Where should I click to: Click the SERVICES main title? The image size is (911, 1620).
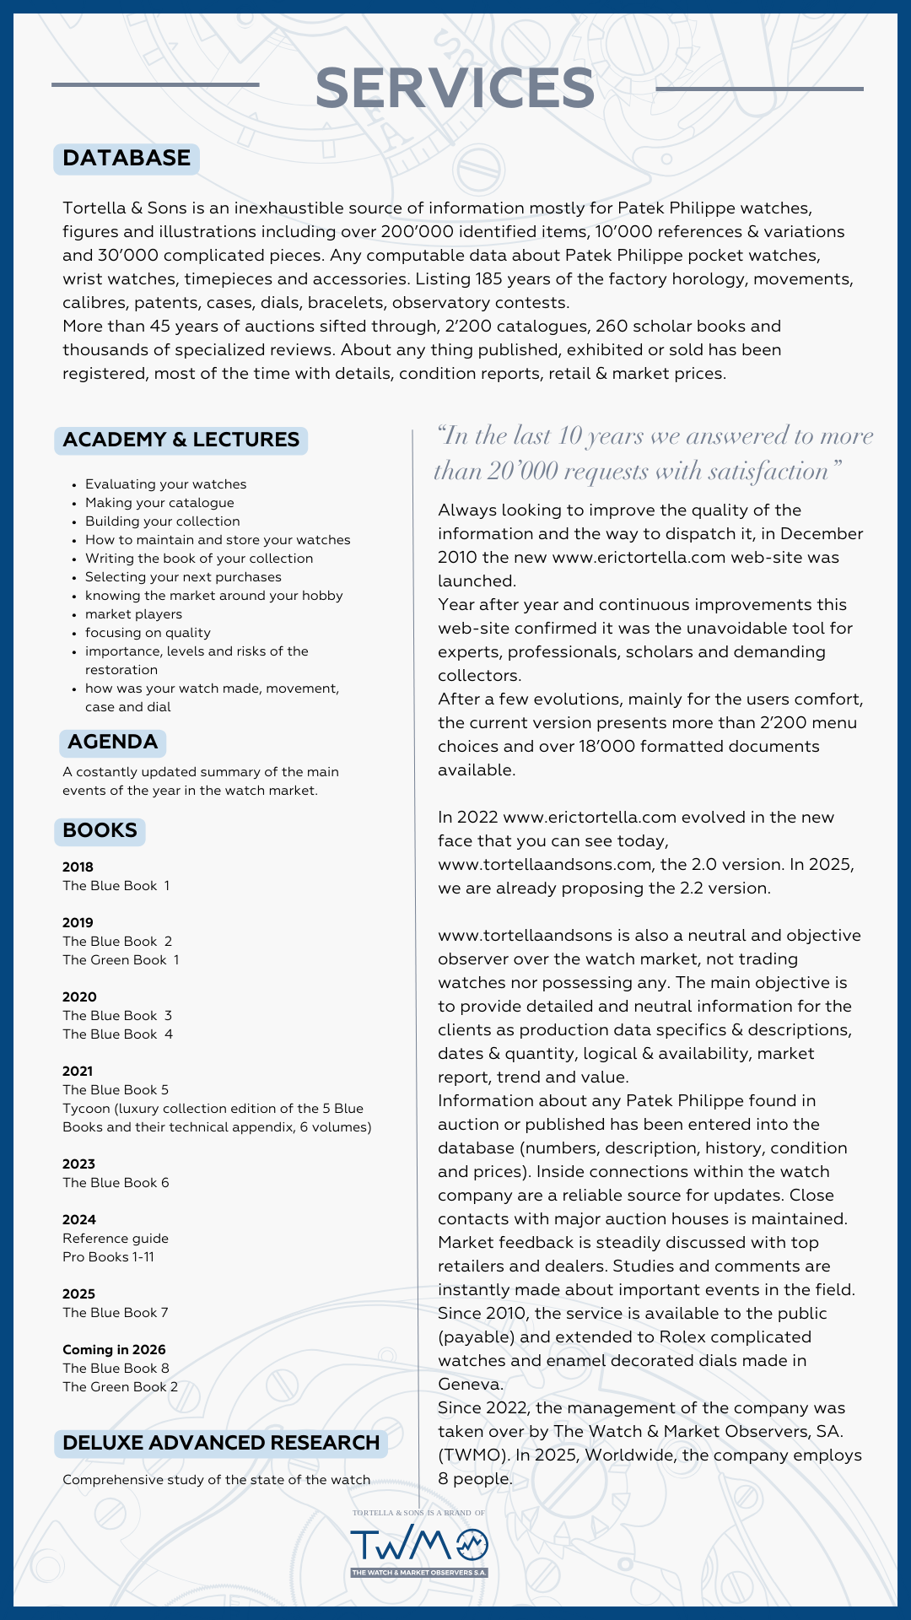tap(455, 89)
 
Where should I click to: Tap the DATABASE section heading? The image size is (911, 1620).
tap(127, 159)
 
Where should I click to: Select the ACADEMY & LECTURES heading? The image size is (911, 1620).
tap(181, 440)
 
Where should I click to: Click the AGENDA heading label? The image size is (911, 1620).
tap(112, 742)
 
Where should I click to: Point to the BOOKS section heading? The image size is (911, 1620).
tap(100, 830)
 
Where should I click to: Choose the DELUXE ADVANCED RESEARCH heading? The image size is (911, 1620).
tap(221, 1443)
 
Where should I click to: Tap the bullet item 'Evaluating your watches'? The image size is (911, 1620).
tap(165, 484)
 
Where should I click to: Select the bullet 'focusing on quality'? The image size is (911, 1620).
tap(148, 633)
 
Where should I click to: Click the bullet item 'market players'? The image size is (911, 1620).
tap(133, 614)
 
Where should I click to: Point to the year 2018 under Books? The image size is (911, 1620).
tap(78, 867)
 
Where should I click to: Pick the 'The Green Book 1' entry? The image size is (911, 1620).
tap(121, 960)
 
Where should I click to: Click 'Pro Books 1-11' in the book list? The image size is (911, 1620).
tap(108, 1257)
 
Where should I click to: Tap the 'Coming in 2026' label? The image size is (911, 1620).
tap(114, 1350)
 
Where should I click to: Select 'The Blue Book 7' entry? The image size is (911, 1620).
tap(116, 1313)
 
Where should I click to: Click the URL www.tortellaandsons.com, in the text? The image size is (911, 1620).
tap(545, 865)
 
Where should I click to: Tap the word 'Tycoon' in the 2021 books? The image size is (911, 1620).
tap(86, 1109)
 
